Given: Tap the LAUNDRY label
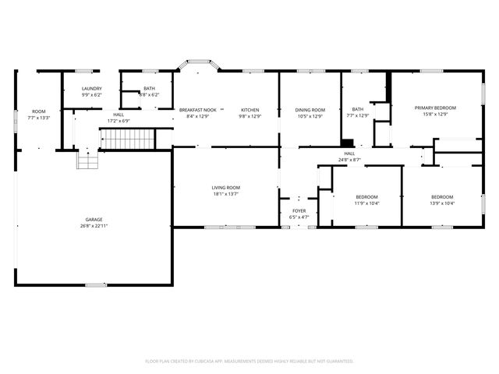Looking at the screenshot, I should coord(92,89).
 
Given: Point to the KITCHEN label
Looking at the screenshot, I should coord(249,110).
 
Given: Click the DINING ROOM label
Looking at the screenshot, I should coord(310,110).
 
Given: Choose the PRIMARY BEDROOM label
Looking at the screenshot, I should coord(435,108).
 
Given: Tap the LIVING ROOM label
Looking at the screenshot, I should coord(226,188).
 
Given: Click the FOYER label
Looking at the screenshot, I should coord(299,210).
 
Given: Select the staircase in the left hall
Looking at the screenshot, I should coord(121,140).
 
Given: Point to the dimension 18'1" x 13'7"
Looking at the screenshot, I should coord(226,194).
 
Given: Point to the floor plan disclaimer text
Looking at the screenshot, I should coord(249,361).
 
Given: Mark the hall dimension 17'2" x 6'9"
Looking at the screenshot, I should coord(119,121).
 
